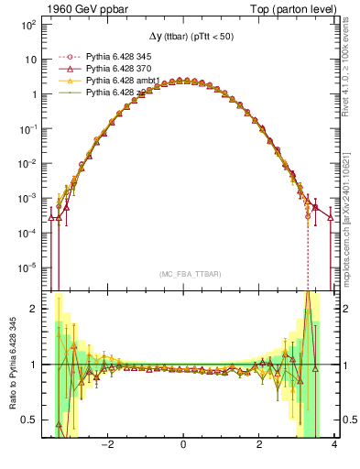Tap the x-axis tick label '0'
pos(184,446)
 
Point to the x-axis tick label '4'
pos(334,446)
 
